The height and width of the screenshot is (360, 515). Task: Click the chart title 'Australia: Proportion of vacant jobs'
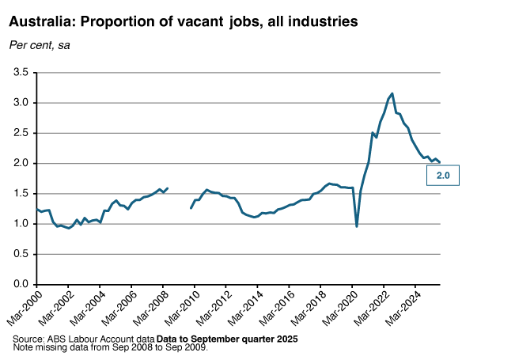184,21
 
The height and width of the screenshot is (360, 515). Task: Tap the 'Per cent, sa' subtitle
39,44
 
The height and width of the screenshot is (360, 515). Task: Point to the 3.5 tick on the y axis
21,73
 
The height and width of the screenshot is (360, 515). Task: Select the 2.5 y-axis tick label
21,133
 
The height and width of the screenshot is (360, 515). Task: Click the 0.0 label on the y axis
21,284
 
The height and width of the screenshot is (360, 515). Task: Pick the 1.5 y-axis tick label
21,194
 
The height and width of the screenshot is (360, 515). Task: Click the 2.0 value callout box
442,176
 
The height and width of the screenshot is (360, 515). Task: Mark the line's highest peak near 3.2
392,93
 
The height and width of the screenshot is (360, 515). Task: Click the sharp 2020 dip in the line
357,226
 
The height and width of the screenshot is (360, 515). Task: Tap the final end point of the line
440,162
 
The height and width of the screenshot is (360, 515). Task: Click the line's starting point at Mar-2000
37,209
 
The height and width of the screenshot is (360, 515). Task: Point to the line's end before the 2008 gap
168,188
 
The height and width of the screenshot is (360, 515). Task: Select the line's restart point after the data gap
191,208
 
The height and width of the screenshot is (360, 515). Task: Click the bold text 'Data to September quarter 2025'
227,339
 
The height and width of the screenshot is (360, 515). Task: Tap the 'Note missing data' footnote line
110,347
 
